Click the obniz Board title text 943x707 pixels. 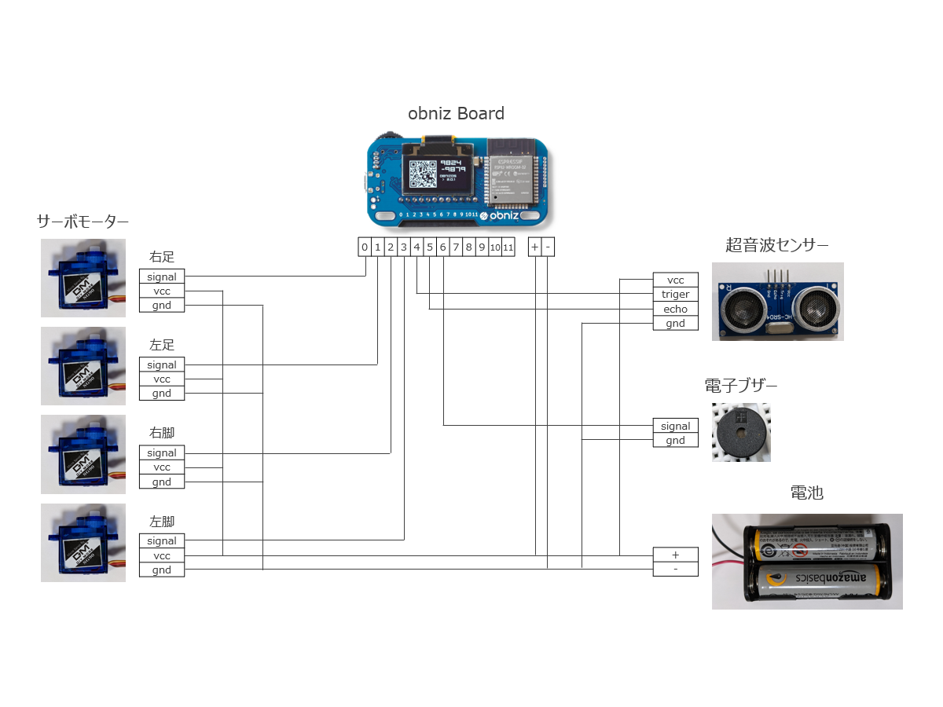point(456,113)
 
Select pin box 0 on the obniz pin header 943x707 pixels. point(364,247)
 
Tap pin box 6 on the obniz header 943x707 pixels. point(443,247)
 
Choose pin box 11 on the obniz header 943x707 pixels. point(508,247)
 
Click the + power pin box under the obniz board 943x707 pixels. point(535,247)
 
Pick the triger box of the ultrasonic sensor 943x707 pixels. point(675,295)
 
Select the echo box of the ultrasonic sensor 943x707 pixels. point(675,309)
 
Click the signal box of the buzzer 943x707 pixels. point(675,426)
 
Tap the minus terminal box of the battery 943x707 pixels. point(675,569)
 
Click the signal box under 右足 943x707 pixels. point(162,277)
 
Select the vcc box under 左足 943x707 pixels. point(162,379)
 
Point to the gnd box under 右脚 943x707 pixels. point(162,482)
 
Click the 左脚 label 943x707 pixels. point(162,521)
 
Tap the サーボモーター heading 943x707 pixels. point(83,222)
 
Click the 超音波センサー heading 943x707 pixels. point(777,245)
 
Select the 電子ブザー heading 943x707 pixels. point(741,386)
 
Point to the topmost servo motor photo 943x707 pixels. point(83,278)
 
